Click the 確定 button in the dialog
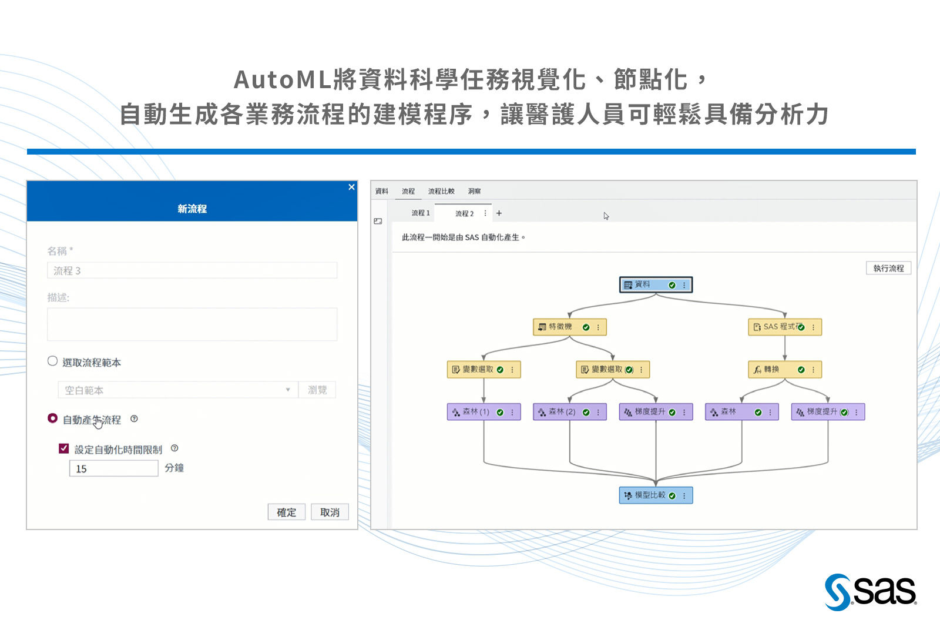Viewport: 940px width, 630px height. point(286,512)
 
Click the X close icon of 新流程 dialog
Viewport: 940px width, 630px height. point(351,187)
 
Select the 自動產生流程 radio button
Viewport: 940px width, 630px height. point(53,418)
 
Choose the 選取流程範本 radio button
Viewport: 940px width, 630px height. point(53,361)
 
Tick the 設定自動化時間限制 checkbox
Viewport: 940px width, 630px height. point(64,448)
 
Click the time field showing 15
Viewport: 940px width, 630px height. point(113,468)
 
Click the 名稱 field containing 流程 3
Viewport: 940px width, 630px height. point(192,270)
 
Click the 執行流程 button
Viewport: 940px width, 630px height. point(888,268)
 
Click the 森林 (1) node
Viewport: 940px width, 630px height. point(476,412)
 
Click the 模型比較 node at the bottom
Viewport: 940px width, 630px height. point(649,495)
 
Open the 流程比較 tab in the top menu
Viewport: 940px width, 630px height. point(441,191)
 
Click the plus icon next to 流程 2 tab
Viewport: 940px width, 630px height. point(499,213)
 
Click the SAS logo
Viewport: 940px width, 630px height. point(870,591)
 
